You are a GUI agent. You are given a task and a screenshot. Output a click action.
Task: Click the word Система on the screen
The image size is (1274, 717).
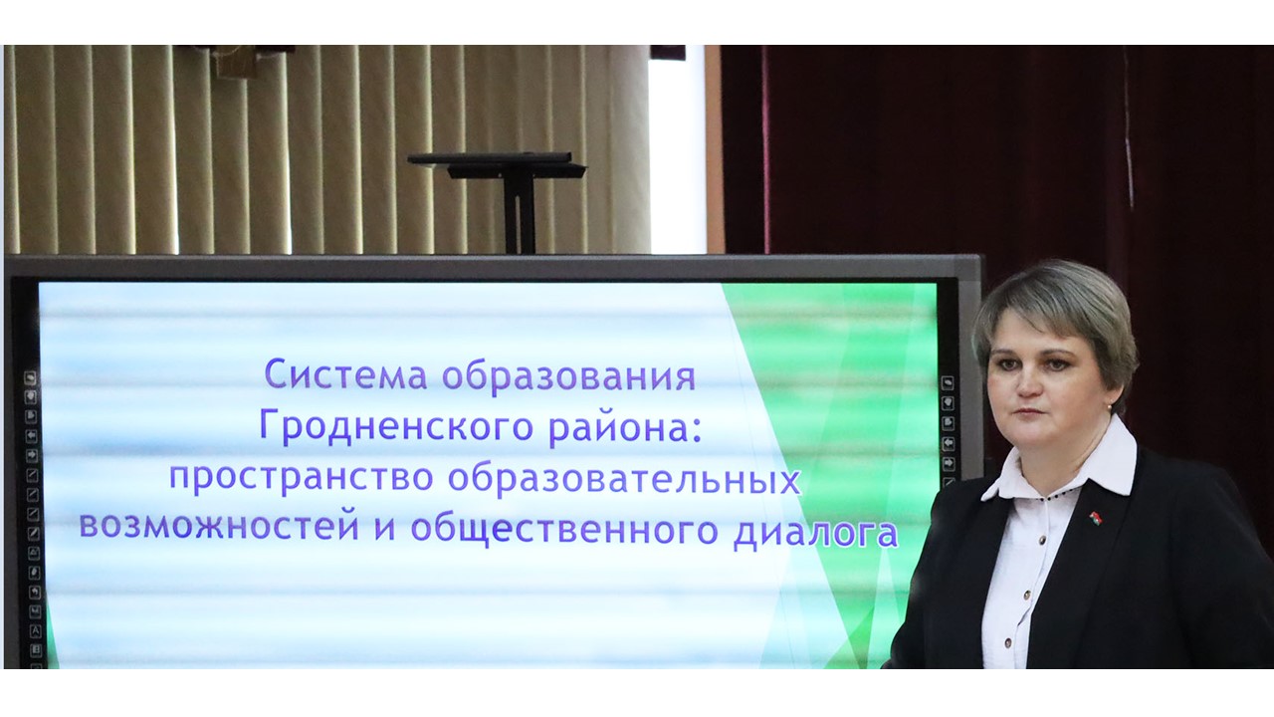point(345,374)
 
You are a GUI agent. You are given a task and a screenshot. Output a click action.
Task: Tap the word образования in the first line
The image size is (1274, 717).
point(568,375)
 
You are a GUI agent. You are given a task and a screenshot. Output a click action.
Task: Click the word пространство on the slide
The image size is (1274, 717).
point(302,478)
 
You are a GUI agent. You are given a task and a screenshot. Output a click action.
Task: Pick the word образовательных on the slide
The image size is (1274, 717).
point(624,479)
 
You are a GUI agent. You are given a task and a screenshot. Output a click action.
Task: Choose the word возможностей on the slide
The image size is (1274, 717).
point(220,527)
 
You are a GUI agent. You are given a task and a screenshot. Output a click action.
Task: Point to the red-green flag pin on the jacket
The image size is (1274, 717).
point(1094,517)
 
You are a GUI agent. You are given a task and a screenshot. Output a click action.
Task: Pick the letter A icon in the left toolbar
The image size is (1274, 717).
point(35,630)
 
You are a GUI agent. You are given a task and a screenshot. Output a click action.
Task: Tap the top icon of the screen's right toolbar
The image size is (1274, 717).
point(947,383)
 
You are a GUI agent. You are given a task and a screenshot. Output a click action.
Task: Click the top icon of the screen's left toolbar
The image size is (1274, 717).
point(30,377)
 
